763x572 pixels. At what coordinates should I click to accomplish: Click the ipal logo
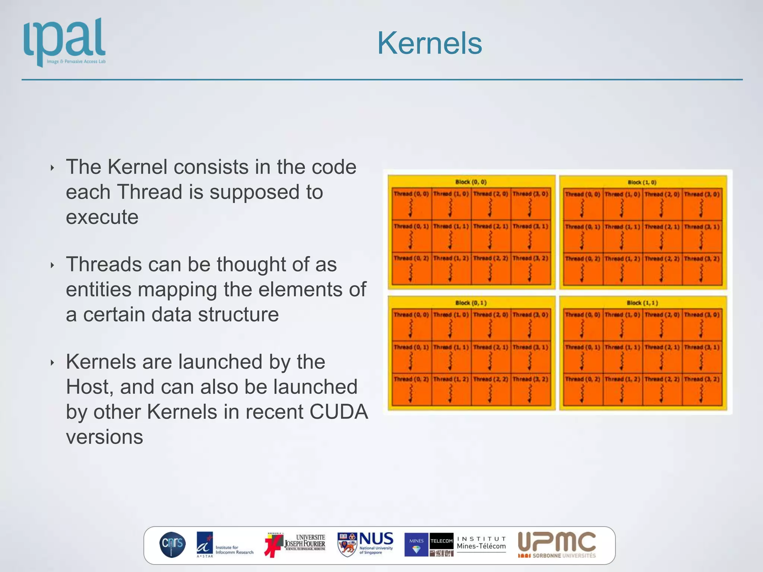[65, 42]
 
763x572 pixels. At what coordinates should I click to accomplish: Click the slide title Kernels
[429, 43]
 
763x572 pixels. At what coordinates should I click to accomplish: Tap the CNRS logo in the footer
[172, 544]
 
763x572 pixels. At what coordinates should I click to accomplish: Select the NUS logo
[365, 544]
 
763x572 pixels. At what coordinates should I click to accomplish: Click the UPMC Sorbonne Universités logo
[557, 544]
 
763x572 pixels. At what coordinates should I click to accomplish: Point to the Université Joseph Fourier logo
[295, 544]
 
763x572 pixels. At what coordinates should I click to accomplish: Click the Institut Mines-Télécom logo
[455, 544]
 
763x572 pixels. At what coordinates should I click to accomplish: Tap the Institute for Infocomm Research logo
[224, 544]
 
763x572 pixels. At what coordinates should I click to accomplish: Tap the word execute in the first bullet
[102, 217]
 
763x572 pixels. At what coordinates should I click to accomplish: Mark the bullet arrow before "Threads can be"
[52, 266]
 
